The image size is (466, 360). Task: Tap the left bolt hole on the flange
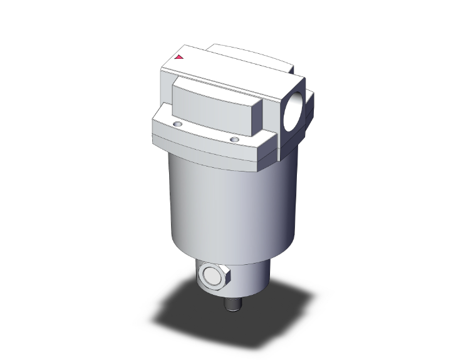[180, 125]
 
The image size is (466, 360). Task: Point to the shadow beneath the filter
[188, 313]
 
